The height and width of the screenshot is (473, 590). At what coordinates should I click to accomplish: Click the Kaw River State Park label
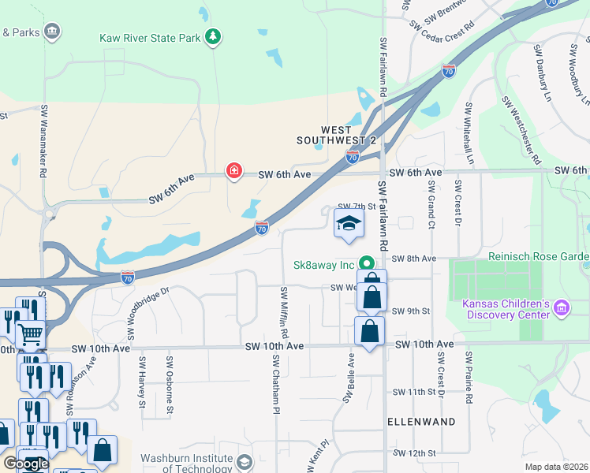(149, 37)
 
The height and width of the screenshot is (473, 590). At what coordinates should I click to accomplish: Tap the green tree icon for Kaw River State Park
(212, 36)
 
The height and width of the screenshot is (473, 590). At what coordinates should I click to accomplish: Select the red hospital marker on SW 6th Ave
(234, 170)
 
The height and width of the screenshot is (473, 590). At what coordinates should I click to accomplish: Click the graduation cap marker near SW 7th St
(349, 224)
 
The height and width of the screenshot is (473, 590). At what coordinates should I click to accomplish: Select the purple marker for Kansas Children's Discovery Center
(561, 307)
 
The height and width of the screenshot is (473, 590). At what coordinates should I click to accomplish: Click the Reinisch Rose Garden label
(539, 257)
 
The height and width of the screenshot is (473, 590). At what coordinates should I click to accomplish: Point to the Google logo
(26, 464)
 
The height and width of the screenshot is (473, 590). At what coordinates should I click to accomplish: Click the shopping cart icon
(30, 335)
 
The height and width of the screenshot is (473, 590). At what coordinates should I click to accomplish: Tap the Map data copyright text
(557, 467)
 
